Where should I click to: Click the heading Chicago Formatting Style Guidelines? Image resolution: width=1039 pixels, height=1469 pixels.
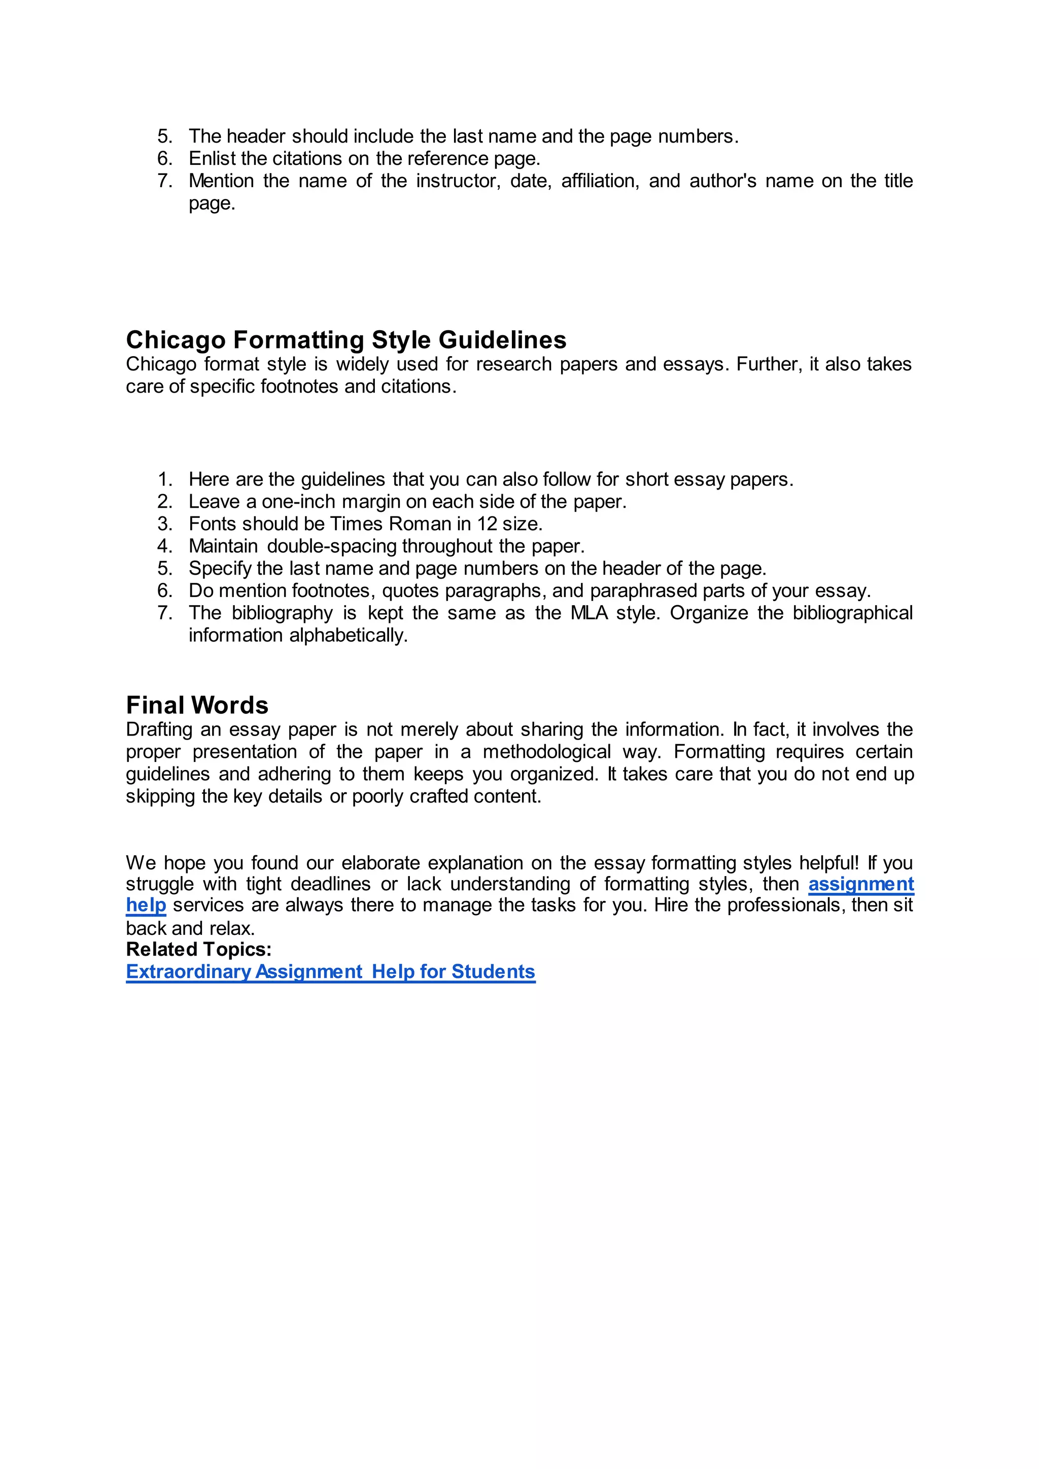click(x=345, y=340)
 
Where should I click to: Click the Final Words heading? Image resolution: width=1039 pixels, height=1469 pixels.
click(x=197, y=705)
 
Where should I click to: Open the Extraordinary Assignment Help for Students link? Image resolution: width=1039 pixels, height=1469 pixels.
click(x=330, y=971)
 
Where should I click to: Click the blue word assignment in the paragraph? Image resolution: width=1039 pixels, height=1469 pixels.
click(x=860, y=884)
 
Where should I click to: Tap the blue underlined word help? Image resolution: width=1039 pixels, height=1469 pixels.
click(x=146, y=905)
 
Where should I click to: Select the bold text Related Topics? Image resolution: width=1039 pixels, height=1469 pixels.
click(x=198, y=949)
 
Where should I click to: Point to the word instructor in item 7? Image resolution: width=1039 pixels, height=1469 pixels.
click(x=458, y=181)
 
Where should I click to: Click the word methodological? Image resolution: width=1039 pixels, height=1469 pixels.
click(x=546, y=751)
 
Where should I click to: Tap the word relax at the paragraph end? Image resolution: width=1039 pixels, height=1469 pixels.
click(x=230, y=928)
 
